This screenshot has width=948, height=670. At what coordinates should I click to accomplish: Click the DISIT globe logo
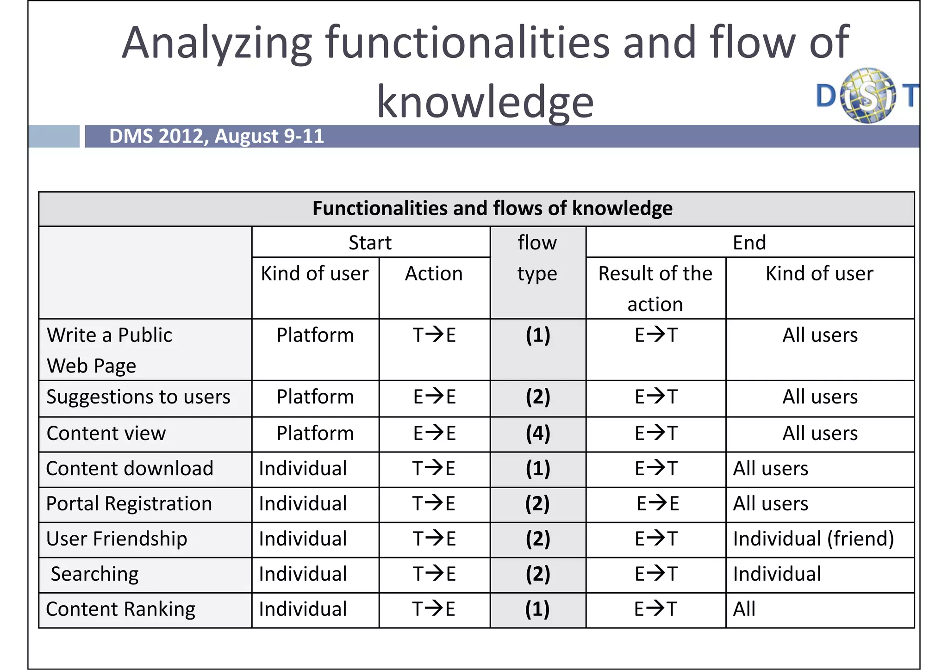point(867,95)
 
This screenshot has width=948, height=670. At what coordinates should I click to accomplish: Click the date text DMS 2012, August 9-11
point(216,136)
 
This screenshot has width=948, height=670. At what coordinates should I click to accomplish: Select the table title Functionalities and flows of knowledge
point(492,208)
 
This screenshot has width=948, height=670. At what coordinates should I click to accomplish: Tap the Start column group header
point(370,242)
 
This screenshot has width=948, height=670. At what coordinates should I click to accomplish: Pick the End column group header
point(749,242)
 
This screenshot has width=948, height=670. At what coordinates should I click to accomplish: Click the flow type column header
point(537,258)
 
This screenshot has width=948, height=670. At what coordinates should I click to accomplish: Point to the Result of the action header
point(655,288)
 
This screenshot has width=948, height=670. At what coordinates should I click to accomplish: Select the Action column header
point(434,273)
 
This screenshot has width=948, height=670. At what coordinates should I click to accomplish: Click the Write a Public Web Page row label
point(109,350)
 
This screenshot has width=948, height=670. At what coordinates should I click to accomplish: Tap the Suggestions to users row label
point(138,397)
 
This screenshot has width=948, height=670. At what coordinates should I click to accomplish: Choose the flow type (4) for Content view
point(537,434)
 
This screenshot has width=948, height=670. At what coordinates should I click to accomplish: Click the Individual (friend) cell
point(813,539)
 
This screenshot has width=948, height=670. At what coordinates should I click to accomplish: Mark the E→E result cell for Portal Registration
point(657,504)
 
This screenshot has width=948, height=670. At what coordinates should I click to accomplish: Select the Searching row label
point(94,574)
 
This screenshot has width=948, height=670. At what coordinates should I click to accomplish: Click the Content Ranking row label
point(120,609)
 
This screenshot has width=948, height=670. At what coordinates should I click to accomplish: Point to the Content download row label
point(130,469)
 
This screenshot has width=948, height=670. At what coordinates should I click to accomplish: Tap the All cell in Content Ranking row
point(744,609)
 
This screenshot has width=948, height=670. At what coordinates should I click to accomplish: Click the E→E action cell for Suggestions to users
point(434,397)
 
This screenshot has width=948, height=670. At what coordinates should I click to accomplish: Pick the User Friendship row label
point(117,539)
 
